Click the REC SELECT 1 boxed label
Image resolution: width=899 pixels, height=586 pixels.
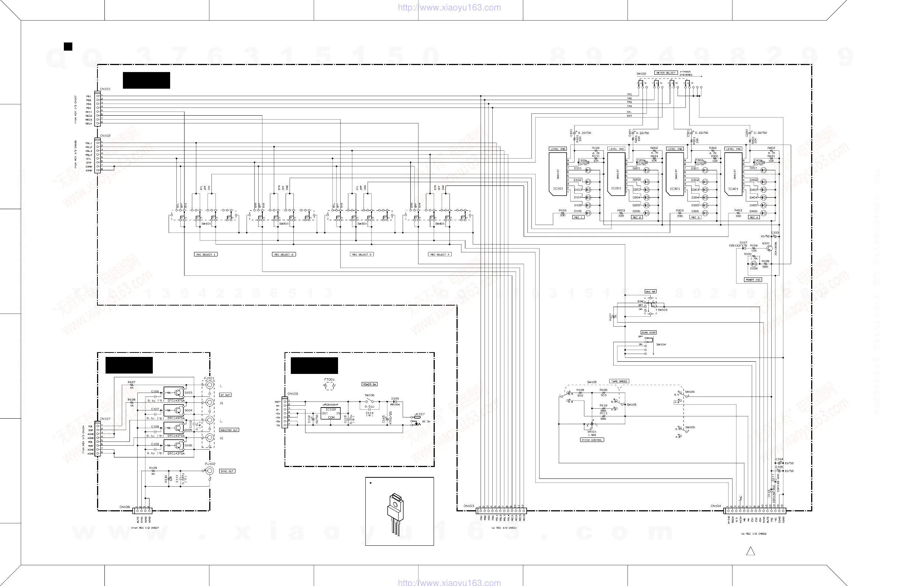click(x=206, y=255)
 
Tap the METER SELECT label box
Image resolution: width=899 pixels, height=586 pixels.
click(x=666, y=72)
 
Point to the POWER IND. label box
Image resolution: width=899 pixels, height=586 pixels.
click(x=753, y=280)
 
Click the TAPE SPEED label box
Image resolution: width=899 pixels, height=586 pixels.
click(x=619, y=381)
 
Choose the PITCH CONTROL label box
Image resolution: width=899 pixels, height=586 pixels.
click(x=592, y=440)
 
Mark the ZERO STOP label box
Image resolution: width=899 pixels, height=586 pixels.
click(x=648, y=332)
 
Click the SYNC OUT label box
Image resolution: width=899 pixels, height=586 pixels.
click(x=227, y=471)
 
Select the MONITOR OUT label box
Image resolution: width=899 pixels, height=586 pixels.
click(x=229, y=430)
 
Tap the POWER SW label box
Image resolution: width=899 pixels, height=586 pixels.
click(x=369, y=384)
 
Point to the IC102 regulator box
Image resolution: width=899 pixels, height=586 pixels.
click(x=331, y=413)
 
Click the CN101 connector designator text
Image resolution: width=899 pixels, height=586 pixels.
click(x=105, y=89)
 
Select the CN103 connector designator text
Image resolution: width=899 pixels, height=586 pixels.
click(x=468, y=506)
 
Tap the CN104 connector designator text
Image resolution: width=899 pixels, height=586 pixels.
click(x=716, y=506)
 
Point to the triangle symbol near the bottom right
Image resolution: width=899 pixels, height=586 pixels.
click(x=751, y=552)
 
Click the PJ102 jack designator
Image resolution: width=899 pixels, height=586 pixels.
click(x=210, y=464)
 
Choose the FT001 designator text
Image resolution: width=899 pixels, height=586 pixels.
click(x=330, y=379)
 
